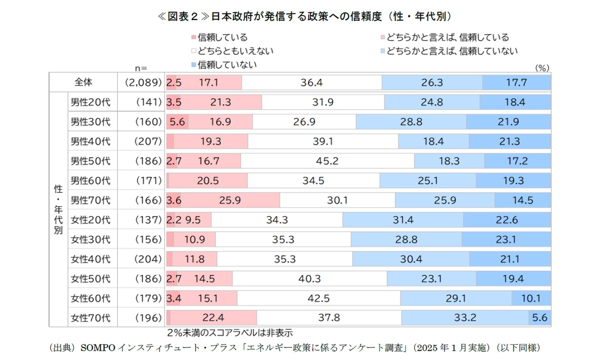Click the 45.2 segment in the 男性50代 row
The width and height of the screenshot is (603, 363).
pos(327,161)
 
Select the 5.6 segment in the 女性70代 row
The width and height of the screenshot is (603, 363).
pos(539,318)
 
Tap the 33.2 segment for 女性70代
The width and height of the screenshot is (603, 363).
pos(465,318)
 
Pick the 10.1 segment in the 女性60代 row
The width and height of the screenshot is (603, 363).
pos(531,298)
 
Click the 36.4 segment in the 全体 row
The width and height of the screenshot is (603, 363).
pos(312,83)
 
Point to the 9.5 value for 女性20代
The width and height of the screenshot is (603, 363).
pos(193,220)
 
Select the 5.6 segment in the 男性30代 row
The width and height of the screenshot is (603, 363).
pos(177,122)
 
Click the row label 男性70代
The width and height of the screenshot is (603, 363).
pos(90,200)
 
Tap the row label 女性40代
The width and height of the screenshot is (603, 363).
pos(90,259)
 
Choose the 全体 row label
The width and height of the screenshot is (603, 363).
pos(84,83)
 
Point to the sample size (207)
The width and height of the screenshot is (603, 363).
pos(147,141)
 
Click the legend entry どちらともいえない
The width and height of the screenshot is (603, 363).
pos(232,50)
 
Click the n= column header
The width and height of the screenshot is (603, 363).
pos(140,68)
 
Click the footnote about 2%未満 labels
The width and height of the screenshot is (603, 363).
pos(229,333)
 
